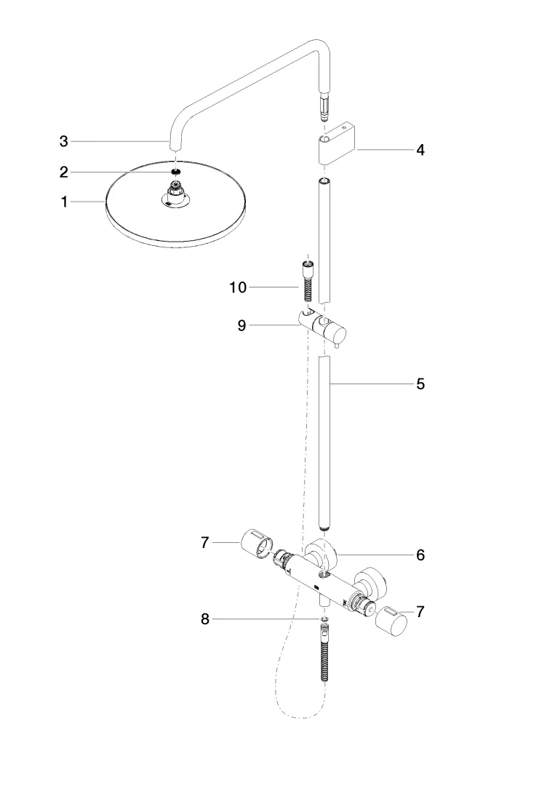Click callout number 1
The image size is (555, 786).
(x=64, y=202)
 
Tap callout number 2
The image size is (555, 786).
(x=64, y=172)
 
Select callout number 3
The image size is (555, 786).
(x=64, y=141)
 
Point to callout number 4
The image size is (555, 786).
(x=420, y=150)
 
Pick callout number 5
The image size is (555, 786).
(x=420, y=384)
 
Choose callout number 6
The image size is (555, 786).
(x=420, y=555)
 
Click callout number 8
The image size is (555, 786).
(x=205, y=619)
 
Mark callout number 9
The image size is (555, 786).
(x=241, y=325)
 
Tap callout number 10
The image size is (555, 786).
(x=238, y=287)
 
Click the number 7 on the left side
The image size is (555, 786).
(x=205, y=542)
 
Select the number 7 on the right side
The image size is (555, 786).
(x=420, y=612)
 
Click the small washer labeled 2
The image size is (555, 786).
(x=175, y=172)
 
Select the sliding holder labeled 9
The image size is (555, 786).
(x=326, y=326)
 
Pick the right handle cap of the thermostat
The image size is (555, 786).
(x=394, y=621)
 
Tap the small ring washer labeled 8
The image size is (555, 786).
(x=324, y=619)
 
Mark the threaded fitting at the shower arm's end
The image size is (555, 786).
(x=323, y=106)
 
